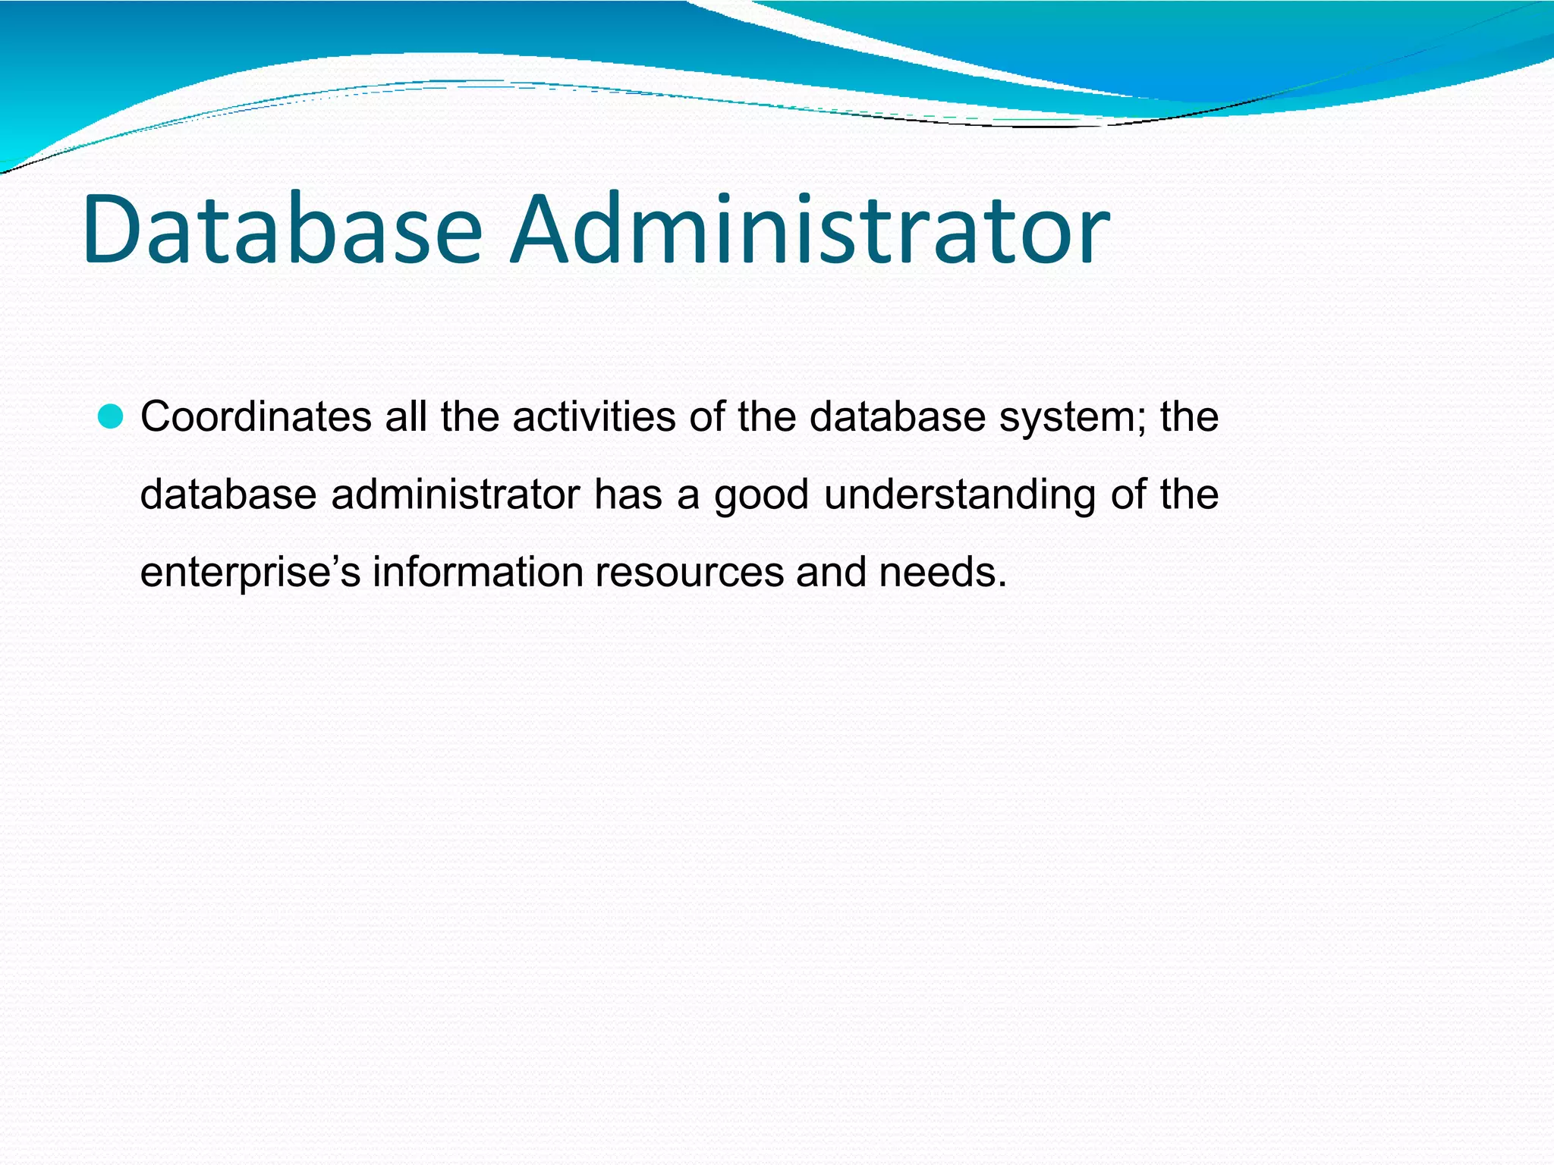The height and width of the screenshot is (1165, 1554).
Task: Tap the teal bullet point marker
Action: tap(111, 417)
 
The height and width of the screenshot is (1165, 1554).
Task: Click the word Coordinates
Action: tap(256, 417)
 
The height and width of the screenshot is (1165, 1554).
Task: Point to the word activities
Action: tap(594, 417)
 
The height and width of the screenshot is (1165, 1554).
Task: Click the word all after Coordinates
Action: tap(405, 417)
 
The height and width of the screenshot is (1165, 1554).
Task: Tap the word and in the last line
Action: tap(831, 572)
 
